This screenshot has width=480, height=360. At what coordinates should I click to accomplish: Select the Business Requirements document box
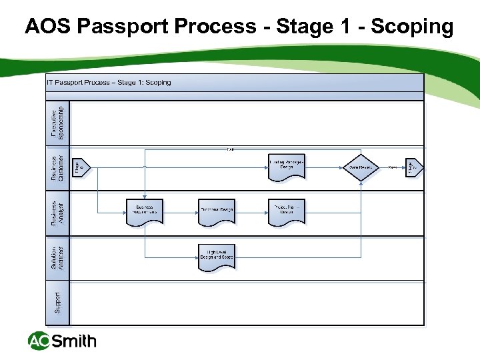tap(145, 211)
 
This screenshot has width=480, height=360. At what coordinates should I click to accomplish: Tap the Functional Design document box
tap(217, 211)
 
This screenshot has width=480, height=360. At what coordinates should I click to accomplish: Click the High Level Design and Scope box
tap(217, 257)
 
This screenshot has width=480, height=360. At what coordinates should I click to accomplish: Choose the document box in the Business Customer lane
tap(287, 167)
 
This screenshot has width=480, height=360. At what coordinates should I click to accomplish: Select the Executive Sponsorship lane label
tap(58, 123)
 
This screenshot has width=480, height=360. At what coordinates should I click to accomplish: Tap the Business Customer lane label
tap(58, 167)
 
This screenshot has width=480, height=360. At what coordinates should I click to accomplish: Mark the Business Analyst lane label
tap(58, 213)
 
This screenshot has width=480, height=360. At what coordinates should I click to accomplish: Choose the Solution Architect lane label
tap(58, 259)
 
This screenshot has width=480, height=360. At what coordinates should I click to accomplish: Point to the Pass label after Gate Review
tap(393, 167)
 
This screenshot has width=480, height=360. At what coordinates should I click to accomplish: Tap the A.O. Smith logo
tap(62, 341)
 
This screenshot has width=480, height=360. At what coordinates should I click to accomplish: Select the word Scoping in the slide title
tap(412, 27)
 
